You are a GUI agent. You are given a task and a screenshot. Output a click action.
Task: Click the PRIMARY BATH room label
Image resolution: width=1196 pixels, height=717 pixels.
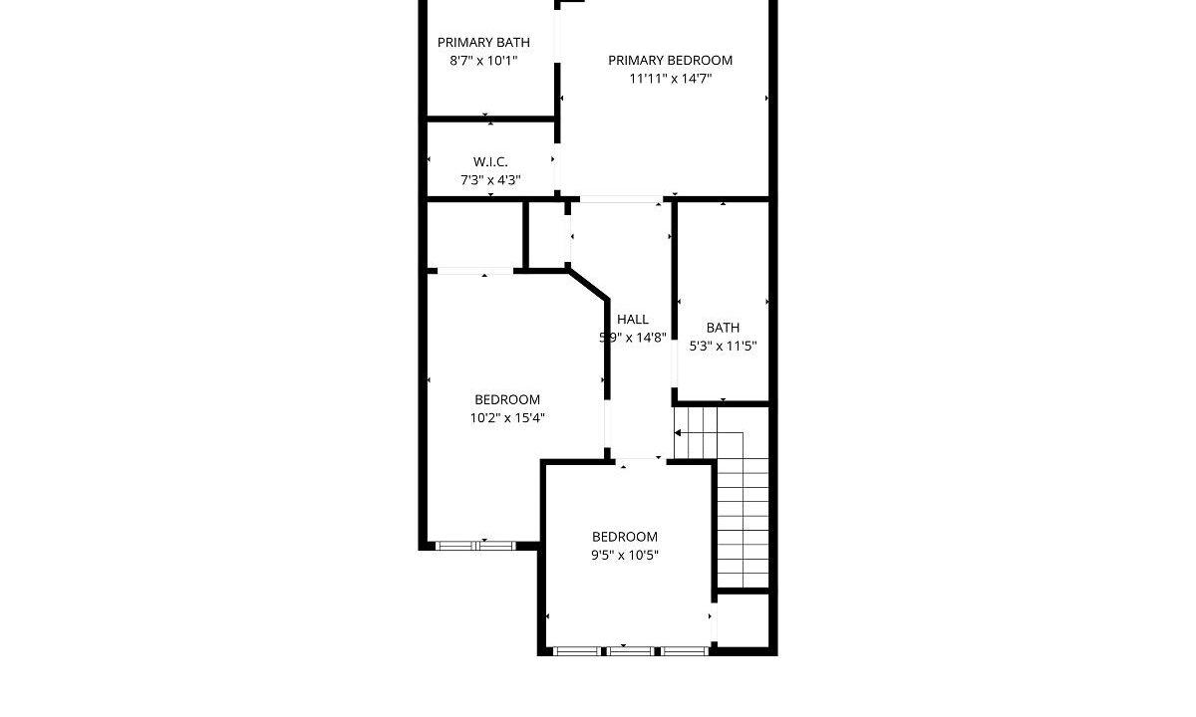point(483,42)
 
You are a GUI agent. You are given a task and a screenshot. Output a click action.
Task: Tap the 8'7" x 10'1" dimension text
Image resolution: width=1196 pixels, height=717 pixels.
point(483,61)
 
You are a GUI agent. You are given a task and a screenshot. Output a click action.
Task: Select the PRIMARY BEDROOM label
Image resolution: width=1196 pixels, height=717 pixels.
point(670,61)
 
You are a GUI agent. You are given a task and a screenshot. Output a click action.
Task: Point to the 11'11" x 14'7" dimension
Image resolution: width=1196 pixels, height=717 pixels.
point(670,79)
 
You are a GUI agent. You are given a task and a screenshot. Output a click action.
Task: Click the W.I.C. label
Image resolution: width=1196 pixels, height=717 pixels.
point(490,161)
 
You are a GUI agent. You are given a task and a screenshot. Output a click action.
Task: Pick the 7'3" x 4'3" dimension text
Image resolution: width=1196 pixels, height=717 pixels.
point(490,180)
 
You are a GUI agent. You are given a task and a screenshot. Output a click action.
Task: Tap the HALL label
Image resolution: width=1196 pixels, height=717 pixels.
point(633,320)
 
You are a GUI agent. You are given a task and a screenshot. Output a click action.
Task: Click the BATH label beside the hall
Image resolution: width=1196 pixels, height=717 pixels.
point(723,328)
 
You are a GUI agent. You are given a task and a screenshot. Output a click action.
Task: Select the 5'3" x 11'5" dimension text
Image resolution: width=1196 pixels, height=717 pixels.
point(723,347)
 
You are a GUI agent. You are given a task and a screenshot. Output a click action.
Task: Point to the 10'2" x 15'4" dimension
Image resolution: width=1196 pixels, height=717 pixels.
point(506,417)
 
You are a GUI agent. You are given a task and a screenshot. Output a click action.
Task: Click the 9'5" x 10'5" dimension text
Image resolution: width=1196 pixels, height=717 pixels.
point(624,555)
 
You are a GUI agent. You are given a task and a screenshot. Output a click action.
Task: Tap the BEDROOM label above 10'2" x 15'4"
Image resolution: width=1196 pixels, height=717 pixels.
point(506,399)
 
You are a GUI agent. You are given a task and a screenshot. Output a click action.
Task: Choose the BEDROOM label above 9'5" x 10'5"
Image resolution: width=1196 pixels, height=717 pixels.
point(624,537)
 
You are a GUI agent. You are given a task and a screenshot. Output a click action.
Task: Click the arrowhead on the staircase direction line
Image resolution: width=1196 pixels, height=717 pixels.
point(677,432)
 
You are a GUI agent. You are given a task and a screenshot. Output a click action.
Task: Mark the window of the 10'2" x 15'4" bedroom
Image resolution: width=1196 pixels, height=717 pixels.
point(475,546)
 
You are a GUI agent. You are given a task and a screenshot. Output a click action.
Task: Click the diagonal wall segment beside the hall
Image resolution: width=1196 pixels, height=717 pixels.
point(588,285)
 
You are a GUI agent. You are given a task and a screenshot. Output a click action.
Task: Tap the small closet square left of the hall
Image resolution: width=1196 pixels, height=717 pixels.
point(547,235)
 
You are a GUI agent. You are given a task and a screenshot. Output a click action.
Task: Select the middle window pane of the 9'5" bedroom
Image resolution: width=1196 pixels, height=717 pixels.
point(631,651)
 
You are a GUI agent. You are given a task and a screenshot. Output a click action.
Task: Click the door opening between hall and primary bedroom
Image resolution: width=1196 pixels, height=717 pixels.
point(621,199)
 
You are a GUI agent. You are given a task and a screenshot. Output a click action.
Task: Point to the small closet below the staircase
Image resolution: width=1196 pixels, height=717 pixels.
point(743,620)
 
